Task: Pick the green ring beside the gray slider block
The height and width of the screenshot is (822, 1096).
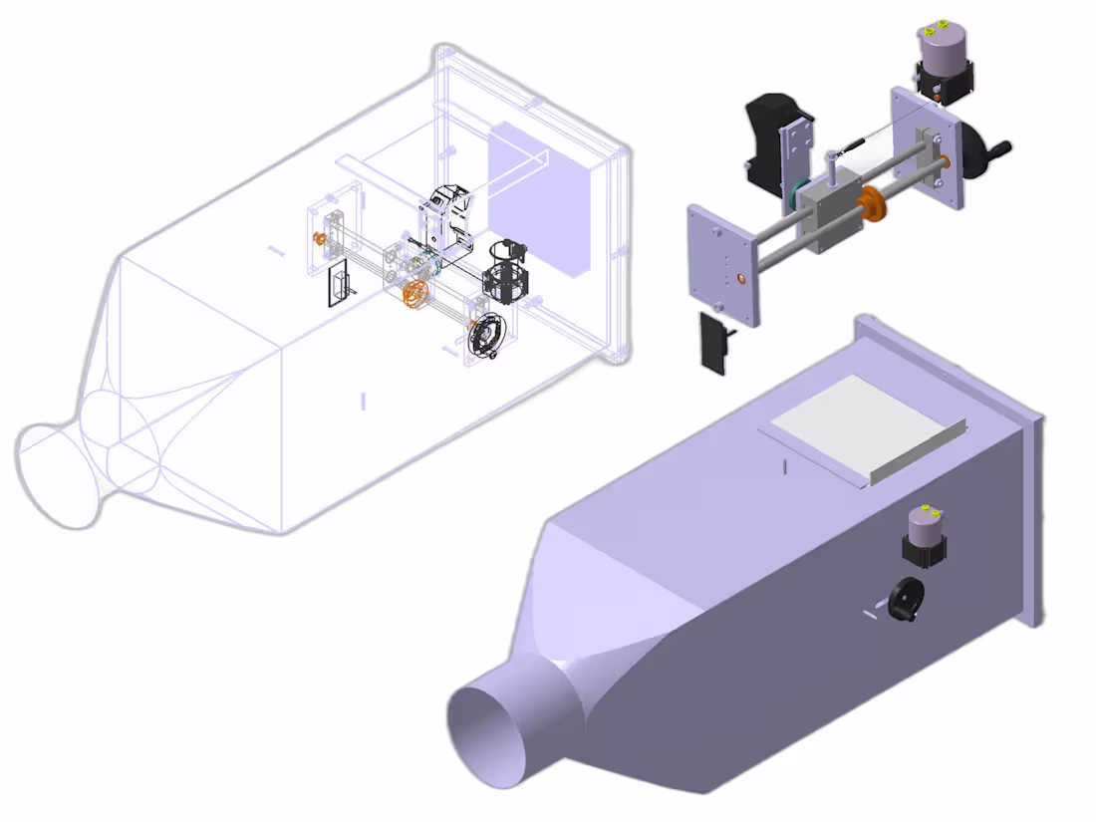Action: pos(798,197)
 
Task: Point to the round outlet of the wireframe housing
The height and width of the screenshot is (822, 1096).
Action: pos(61,474)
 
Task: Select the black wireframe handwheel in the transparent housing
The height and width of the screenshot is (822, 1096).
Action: pos(487,334)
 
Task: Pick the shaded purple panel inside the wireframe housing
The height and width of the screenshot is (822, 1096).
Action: pos(538,199)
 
